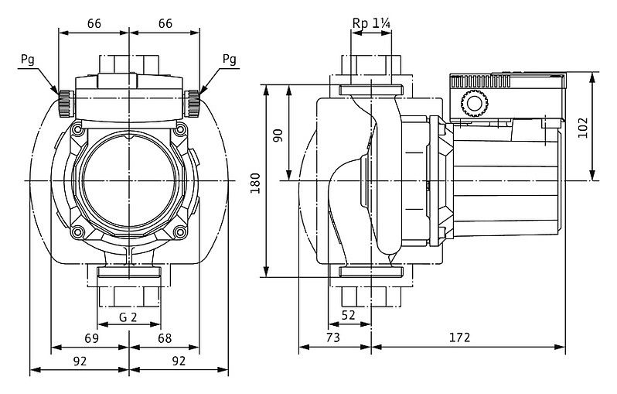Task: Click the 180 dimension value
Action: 256,183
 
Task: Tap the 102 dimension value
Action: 583,128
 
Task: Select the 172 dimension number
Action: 459,337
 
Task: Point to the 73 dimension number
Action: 333,337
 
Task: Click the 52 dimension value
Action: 348,315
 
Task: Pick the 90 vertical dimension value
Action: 278,135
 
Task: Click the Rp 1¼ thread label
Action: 371,24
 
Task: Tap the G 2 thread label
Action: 128,317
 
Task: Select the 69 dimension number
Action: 92,338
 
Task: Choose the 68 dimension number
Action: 165,338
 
